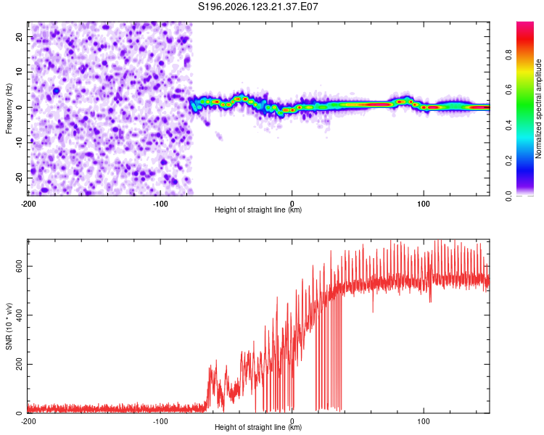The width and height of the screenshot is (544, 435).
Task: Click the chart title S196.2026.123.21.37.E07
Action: click(x=257, y=7)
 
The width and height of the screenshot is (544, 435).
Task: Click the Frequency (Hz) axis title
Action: click(x=9, y=109)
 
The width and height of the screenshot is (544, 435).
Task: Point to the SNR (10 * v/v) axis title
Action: click(x=9, y=326)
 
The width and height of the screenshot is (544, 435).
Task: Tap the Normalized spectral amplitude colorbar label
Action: click(x=538, y=109)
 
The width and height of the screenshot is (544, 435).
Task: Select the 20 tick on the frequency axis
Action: click(x=19, y=36)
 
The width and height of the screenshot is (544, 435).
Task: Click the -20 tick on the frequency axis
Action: click(x=19, y=178)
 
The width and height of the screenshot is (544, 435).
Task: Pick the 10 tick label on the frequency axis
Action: click(x=19, y=72)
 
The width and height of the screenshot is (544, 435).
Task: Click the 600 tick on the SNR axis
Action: click(x=19, y=266)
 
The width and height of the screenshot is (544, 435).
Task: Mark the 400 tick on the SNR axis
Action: click(x=19, y=315)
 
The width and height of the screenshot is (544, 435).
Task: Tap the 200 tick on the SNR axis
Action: click(x=19, y=364)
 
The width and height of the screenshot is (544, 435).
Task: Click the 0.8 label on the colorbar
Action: click(x=508, y=54)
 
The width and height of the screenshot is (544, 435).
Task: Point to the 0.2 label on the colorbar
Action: click(x=508, y=160)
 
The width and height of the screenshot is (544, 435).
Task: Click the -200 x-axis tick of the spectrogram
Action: click(x=28, y=204)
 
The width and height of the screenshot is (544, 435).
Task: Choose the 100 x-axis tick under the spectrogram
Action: click(x=424, y=204)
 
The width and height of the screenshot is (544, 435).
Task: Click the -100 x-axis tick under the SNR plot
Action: click(x=160, y=421)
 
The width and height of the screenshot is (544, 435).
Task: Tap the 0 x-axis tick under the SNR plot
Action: click(x=292, y=421)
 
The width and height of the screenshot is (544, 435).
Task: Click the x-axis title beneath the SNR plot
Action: click(x=258, y=427)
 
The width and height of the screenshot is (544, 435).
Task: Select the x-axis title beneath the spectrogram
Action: click(x=258, y=210)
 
